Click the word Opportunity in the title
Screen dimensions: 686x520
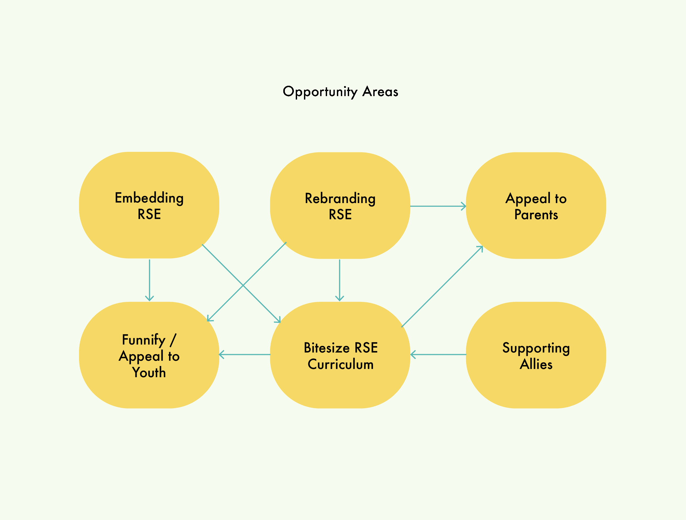[x=320, y=92]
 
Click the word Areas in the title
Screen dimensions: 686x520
[x=380, y=92]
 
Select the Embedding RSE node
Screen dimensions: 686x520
[x=149, y=205]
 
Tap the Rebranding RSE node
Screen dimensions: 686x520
[x=340, y=205]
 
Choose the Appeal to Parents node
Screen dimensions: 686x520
[x=536, y=205]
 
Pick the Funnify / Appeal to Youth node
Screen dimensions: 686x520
[x=149, y=355]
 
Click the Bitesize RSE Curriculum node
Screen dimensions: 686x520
[x=340, y=355]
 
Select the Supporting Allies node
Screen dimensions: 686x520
[x=536, y=355]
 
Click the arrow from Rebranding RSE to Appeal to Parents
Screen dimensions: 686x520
[x=438, y=206]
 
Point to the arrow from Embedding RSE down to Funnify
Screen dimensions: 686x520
[x=149, y=280]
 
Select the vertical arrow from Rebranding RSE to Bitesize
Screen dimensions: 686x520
[x=340, y=280]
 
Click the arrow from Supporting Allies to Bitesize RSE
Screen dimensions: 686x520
[x=438, y=354]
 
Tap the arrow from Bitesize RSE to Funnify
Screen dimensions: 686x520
[x=245, y=354]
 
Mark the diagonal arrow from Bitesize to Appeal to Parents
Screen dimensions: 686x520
[x=442, y=286]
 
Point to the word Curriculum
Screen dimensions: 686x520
[x=341, y=364]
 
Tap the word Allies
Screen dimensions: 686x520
[x=536, y=364]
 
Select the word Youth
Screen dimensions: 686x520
[x=149, y=372]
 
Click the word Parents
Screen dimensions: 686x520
[x=536, y=214]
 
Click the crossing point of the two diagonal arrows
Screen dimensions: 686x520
[x=243, y=285]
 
